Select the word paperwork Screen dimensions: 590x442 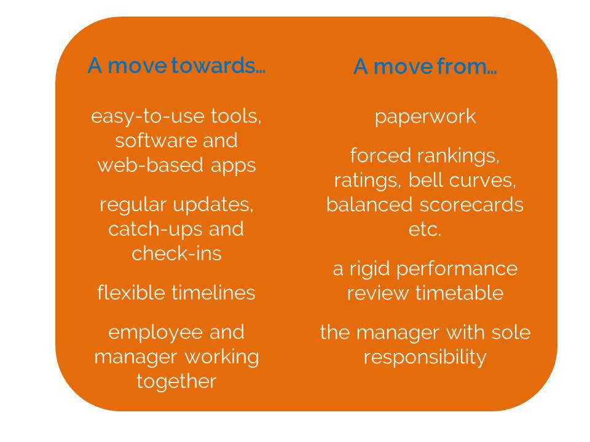[x=425, y=117]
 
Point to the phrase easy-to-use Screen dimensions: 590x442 [x=148, y=117]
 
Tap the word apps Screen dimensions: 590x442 [x=234, y=166]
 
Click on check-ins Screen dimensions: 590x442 [x=176, y=254]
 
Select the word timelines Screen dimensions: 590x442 [x=214, y=293]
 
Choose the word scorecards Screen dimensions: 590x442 [x=472, y=205]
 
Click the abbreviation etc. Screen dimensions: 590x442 [x=425, y=230]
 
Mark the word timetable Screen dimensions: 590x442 [x=460, y=293]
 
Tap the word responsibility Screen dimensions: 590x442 [x=425, y=357]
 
